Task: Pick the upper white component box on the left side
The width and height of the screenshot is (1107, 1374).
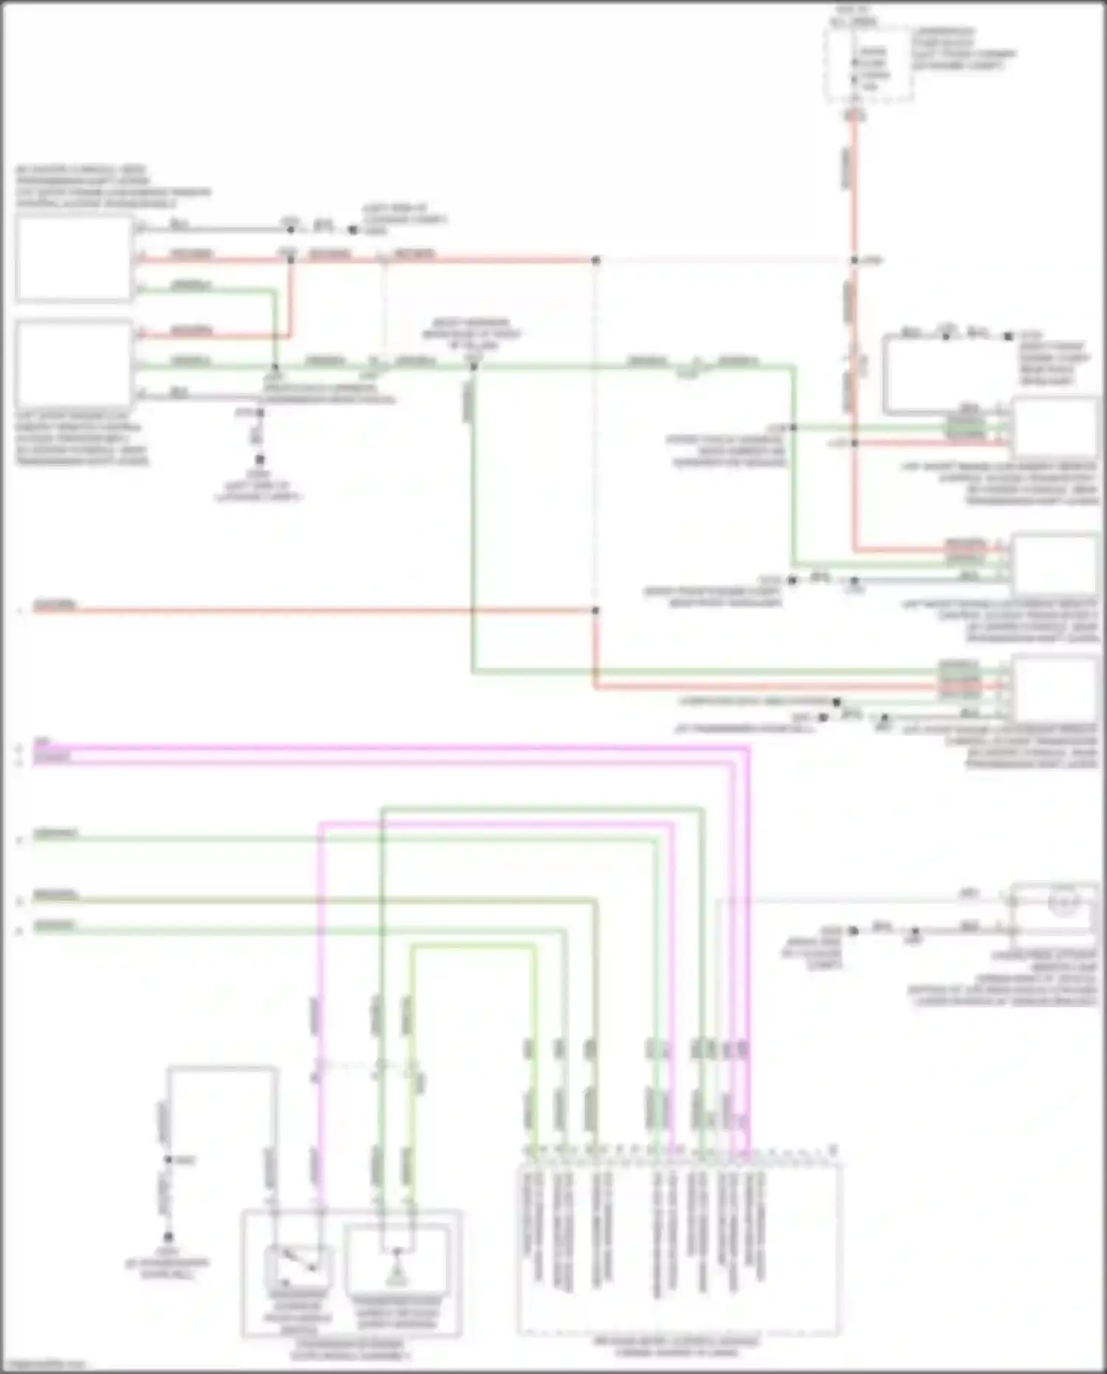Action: tap(74, 258)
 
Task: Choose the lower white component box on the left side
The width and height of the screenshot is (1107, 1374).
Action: tap(74, 363)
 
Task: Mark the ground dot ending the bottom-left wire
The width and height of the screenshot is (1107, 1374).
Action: tap(168, 1236)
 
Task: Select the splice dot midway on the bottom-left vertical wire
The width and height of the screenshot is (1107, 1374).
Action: tap(168, 1160)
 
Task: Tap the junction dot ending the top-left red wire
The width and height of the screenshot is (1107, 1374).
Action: tap(596, 261)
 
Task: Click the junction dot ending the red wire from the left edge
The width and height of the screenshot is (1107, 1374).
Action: tap(596, 611)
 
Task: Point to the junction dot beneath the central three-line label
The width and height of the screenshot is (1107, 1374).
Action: tap(474, 366)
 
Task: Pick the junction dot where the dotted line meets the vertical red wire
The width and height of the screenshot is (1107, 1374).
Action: tap(854, 261)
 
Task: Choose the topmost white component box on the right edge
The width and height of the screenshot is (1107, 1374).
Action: tap(1053, 428)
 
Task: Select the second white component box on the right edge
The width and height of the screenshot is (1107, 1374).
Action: tap(1053, 565)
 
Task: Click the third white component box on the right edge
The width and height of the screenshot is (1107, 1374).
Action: tap(1053, 689)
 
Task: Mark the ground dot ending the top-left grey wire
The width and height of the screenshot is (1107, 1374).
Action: tap(353, 230)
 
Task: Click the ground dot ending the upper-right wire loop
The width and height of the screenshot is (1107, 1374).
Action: tap(1008, 336)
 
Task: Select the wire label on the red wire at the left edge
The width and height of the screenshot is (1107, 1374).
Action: tap(55, 606)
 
